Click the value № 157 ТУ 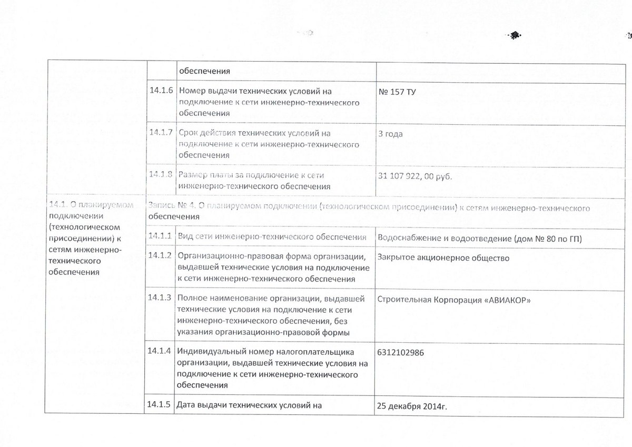[x=397, y=91]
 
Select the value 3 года [x=391, y=134]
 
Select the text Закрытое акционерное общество [x=444, y=258]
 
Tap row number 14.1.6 [x=161, y=90]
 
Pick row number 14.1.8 [x=161, y=174]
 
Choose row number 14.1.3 [x=159, y=297]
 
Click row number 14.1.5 [x=159, y=404]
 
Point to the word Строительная [x=404, y=301]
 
